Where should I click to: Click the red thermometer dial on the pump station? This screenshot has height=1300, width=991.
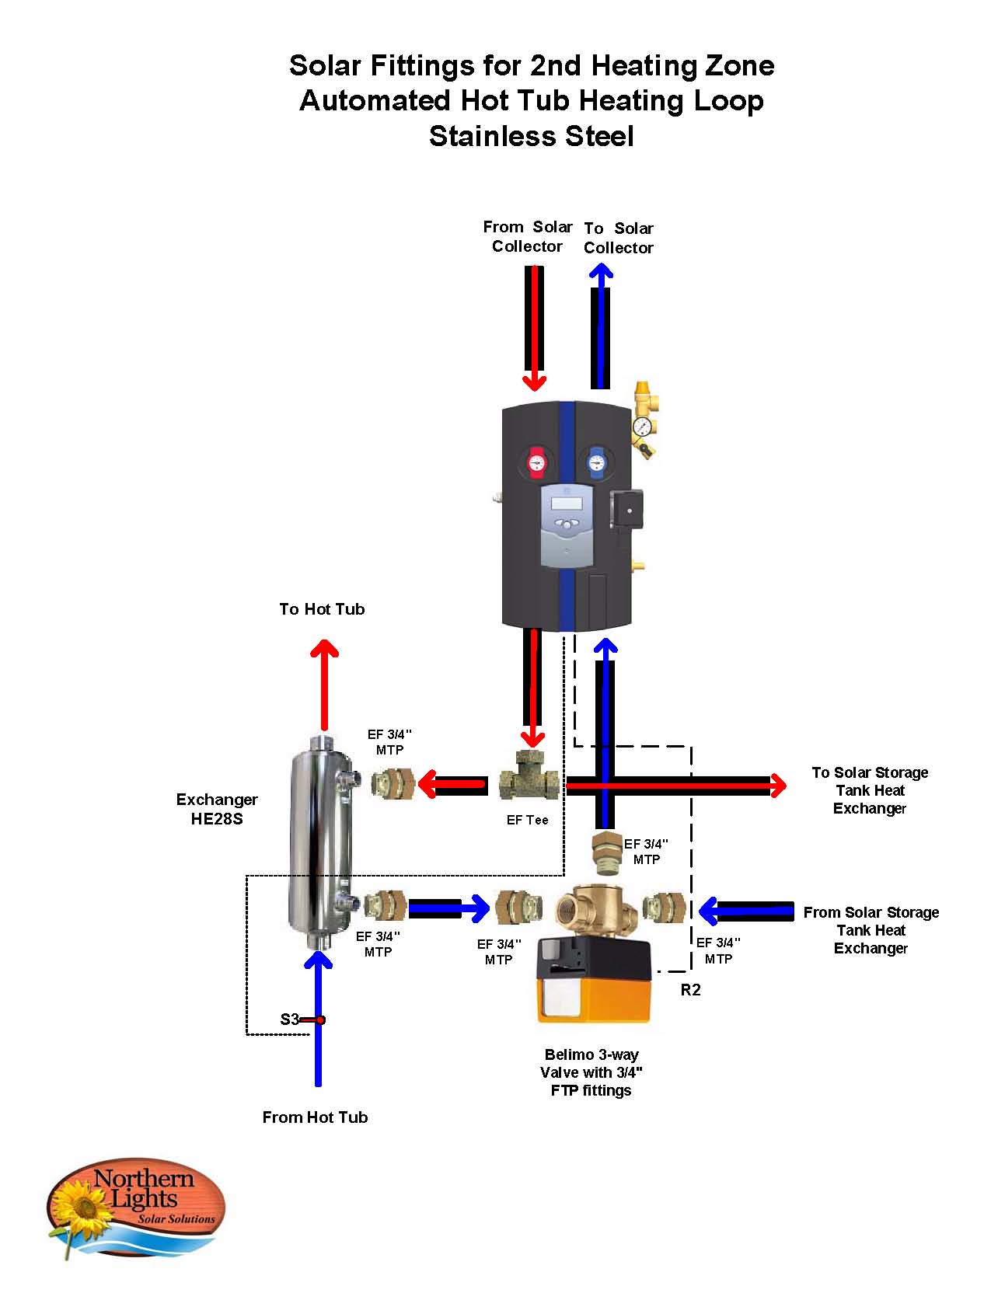[536, 462]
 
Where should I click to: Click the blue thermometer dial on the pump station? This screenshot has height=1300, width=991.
[595, 462]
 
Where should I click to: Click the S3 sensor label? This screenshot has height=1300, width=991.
[289, 1019]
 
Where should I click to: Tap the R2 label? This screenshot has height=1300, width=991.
[691, 990]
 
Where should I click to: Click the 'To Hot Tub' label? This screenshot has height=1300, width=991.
[322, 609]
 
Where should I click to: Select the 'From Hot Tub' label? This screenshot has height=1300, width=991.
[315, 1117]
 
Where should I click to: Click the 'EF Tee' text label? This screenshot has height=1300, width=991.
[527, 820]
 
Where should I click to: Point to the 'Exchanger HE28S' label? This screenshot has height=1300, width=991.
[217, 808]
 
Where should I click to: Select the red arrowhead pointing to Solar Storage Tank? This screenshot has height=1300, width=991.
[778, 786]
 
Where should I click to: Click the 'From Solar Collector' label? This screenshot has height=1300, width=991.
[527, 236]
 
